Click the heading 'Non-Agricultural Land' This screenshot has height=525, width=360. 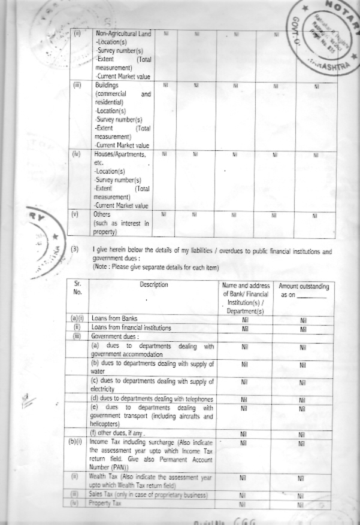(x=123, y=34)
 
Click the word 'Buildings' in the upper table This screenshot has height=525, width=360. (x=107, y=86)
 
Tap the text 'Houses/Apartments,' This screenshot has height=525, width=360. (x=120, y=154)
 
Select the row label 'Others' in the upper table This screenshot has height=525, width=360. (x=102, y=214)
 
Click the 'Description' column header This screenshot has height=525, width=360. (x=154, y=285)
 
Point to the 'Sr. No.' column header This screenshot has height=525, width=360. (x=77, y=289)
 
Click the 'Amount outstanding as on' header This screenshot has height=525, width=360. (x=304, y=291)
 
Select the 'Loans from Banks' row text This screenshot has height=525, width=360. (x=116, y=319)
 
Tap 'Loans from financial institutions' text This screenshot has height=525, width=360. (x=131, y=328)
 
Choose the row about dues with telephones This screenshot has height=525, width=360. (x=152, y=399)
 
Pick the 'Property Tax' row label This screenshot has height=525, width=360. (x=105, y=504)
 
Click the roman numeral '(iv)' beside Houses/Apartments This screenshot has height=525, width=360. (x=76, y=154)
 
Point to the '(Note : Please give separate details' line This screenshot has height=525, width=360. (x=156, y=266)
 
